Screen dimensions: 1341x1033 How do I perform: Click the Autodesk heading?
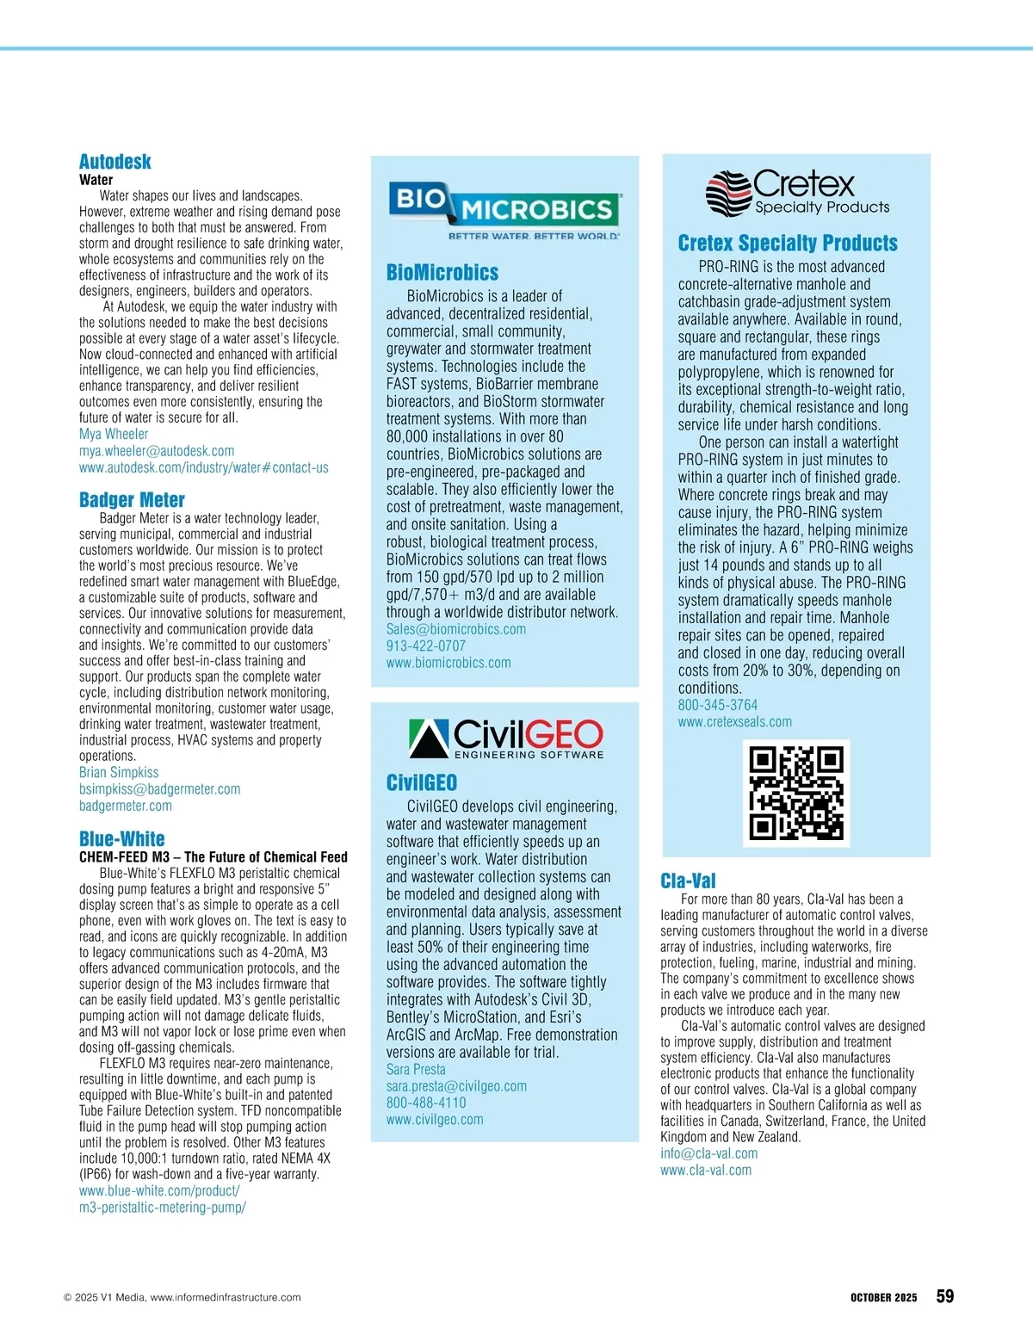click(x=114, y=162)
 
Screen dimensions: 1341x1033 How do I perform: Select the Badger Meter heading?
click(x=132, y=500)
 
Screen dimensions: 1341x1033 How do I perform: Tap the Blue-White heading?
click(x=121, y=839)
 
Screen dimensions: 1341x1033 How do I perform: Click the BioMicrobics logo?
click(x=504, y=210)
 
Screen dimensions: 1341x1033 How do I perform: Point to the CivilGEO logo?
click(x=505, y=738)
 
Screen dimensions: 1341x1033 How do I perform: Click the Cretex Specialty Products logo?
click(x=797, y=193)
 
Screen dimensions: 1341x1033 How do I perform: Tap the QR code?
click(x=796, y=793)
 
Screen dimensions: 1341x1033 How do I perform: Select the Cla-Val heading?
click(x=688, y=881)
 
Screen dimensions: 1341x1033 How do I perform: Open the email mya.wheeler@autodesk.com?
click(x=157, y=451)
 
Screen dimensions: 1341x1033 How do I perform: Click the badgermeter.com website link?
click(x=126, y=806)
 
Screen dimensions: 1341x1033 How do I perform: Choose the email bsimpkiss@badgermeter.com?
click(x=159, y=789)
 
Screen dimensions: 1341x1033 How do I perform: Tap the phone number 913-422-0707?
click(x=425, y=646)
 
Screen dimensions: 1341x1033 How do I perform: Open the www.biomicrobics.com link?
click(x=448, y=663)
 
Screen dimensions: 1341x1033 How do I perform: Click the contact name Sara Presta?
click(x=416, y=1069)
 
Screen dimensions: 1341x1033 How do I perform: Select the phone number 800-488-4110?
click(x=425, y=1103)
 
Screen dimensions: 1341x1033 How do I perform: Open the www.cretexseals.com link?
click(x=734, y=722)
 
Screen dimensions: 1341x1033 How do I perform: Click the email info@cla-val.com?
click(x=708, y=1153)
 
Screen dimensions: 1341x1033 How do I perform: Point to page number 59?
click(x=944, y=1296)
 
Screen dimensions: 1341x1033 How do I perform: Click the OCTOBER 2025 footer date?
click(x=883, y=1298)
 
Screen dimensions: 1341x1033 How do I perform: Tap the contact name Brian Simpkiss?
click(x=119, y=773)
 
